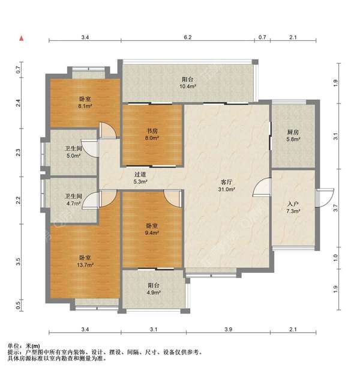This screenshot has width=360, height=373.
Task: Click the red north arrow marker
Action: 22,38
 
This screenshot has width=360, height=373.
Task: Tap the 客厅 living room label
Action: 226,182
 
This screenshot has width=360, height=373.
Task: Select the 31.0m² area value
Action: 227,189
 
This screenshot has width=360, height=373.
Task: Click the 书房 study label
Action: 152,131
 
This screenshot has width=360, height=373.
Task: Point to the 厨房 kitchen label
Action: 293,132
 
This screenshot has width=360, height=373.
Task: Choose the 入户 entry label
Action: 293,204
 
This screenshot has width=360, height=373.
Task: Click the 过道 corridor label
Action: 140,174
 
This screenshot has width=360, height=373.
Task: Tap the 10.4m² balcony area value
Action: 188,86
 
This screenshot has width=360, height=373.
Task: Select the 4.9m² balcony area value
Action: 154,293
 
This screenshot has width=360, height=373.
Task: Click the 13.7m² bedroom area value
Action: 85,264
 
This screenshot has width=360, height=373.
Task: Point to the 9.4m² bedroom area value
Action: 152,232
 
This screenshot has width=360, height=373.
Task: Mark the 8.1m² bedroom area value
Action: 85,106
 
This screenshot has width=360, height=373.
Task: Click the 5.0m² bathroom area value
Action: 73,156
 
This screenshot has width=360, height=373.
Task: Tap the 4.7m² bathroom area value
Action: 73,204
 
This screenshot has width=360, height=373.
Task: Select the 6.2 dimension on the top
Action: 187,37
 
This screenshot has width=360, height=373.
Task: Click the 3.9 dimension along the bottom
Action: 228,329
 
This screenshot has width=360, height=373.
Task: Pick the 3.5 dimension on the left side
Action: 18,262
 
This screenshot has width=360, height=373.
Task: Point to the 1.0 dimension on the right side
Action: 335,258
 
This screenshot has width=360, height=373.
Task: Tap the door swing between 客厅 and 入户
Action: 262,187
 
